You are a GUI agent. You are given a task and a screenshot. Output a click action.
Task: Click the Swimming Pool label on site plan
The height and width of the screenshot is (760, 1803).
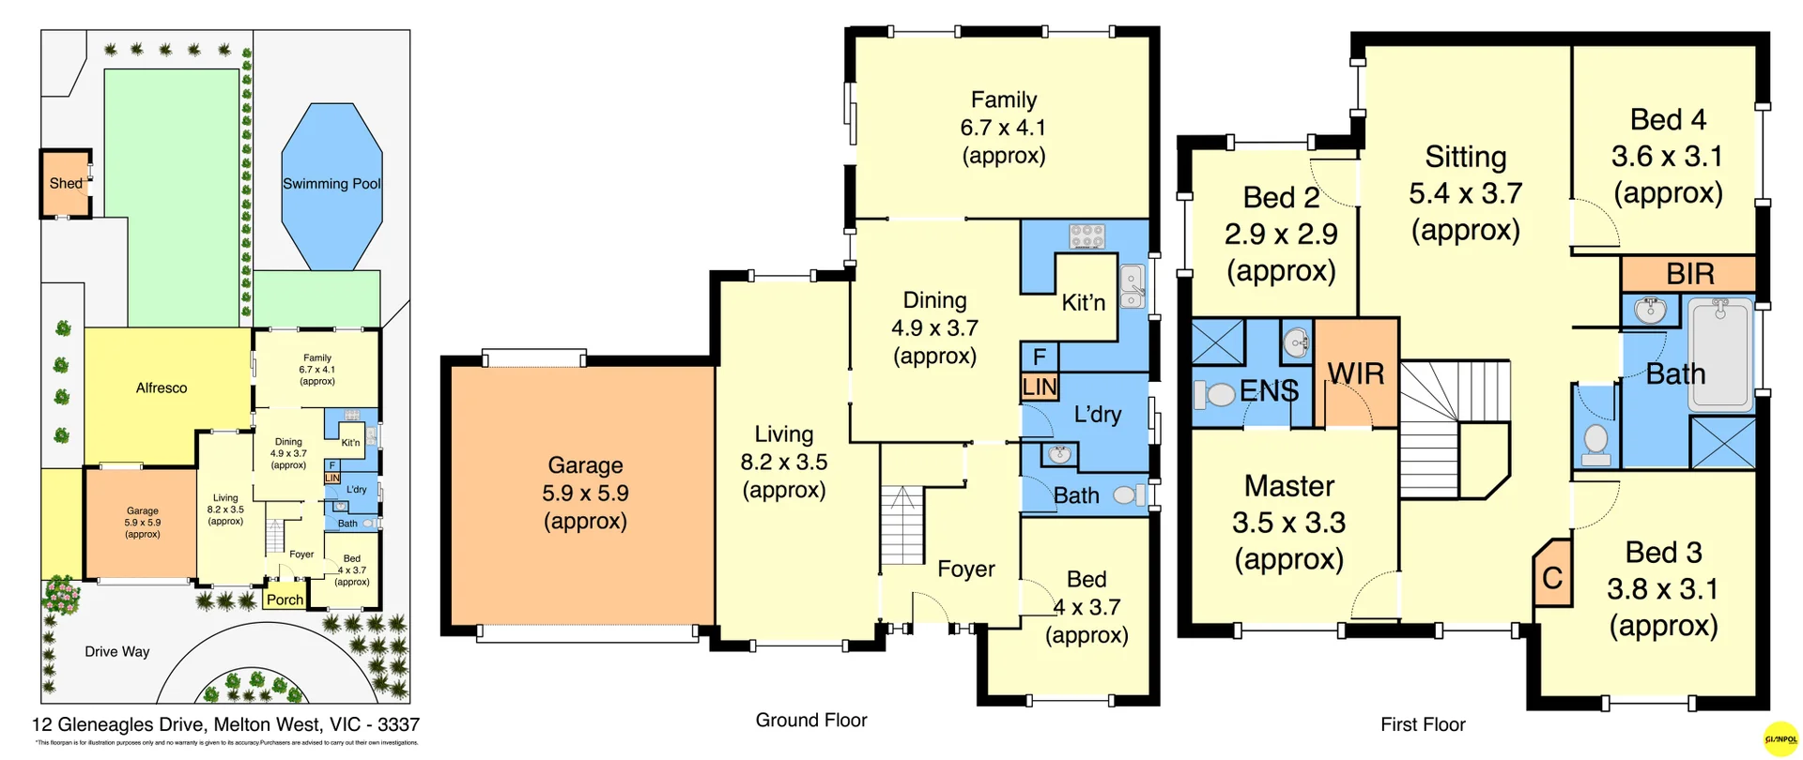pyautogui.click(x=331, y=184)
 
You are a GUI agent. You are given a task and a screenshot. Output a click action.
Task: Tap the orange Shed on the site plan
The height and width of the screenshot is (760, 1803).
pyautogui.click(x=66, y=184)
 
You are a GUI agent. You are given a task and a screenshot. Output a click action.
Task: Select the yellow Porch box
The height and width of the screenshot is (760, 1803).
pyautogui.click(x=285, y=600)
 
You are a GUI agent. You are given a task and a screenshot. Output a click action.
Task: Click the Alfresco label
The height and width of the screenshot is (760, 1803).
pyautogui.click(x=162, y=388)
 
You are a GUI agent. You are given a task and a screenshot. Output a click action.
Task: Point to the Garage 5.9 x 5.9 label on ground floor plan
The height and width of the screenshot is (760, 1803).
pyautogui.click(x=585, y=493)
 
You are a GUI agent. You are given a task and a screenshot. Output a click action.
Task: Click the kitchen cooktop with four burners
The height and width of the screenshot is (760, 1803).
pyautogui.click(x=1086, y=236)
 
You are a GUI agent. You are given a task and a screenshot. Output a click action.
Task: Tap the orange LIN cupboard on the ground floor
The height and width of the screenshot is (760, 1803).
pyautogui.click(x=1040, y=388)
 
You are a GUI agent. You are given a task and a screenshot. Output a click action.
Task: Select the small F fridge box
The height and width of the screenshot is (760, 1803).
pyautogui.click(x=1040, y=357)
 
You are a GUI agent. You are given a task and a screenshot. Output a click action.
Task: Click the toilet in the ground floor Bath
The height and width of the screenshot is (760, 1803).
pyautogui.click(x=1128, y=494)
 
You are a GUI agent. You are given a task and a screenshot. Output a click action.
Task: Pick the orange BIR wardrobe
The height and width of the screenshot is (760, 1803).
pyautogui.click(x=1689, y=274)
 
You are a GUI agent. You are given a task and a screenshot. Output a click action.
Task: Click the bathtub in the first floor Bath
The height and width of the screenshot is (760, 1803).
pyautogui.click(x=1720, y=354)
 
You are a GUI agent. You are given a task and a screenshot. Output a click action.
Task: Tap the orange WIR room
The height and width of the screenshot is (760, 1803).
pyautogui.click(x=1356, y=373)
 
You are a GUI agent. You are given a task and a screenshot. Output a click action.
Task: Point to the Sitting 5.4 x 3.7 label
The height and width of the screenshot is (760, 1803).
pyautogui.click(x=1465, y=193)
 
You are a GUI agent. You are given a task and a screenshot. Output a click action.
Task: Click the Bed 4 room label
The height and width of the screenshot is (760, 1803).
pyautogui.click(x=1667, y=120)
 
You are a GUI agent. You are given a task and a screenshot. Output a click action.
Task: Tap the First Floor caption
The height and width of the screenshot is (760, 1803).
pyautogui.click(x=1423, y=724)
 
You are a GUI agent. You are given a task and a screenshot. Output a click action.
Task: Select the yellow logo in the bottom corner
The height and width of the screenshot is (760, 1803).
pyautogui.click(x=1781, y=738)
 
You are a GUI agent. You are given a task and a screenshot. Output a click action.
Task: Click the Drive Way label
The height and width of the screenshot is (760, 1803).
pyautogui.click(x=117, y=651)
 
